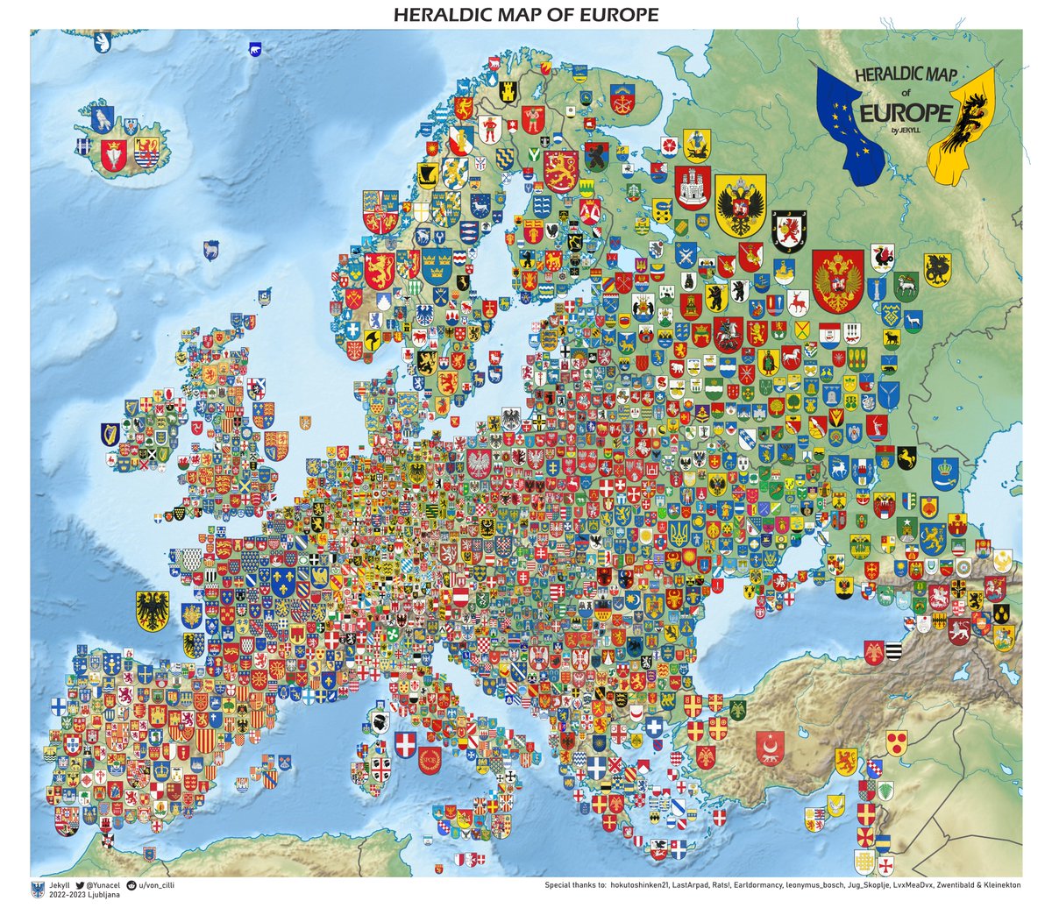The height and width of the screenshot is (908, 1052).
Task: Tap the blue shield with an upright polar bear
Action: pyautogui.click(x=103, y=40)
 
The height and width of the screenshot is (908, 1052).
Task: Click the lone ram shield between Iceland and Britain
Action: pyautogui.click(x=210, y=250)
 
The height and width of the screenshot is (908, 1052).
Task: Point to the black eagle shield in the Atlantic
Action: pyautogui.click(x=153, y=610)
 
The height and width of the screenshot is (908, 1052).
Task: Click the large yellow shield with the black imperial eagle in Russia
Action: pyautogui.click(x=741, y=206)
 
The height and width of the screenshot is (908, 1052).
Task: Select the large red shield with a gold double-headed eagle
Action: pyautogui.click(x=838, y=280)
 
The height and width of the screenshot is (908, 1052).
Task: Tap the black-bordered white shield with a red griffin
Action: pyautogui.click(x=789, y=231)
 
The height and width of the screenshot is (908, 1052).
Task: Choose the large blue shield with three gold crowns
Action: pyautogui.click(x=437, y=265)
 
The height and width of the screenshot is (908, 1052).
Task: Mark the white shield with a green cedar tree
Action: pyautogui.click(x=885, y=791)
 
